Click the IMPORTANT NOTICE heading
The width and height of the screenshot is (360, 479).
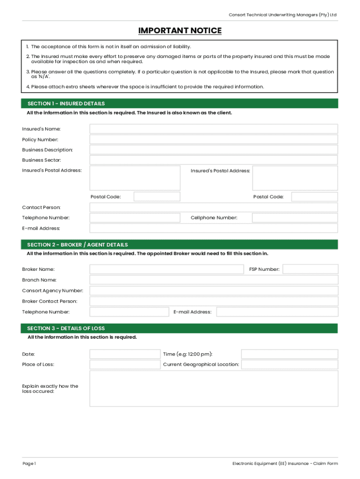coord(180,31)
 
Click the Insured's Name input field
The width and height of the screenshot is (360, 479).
coord(213,129)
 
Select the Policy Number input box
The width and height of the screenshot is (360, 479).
coord(213,139)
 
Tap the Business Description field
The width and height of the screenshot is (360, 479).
coord(213,150)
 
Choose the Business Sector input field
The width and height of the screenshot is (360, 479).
coord(213,160)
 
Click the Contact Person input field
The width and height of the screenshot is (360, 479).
coord(213,207)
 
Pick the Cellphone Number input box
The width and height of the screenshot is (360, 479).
coord(295,218)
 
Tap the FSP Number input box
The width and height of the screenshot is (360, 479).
coord(310,269)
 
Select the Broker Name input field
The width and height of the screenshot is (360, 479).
coord(166,269)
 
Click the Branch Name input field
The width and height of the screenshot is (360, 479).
coord(213,280)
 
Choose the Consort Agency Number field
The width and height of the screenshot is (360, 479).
coord(213,290)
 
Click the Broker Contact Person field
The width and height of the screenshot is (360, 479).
coord(213,301)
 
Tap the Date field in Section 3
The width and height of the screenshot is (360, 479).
coord(124,354)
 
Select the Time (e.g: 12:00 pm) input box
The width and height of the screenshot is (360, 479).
coord(289,354)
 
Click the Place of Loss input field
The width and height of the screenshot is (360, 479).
coord(124,364)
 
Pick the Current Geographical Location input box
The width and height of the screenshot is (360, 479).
coord(289,364)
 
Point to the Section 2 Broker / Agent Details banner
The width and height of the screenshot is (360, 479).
coord(180,245)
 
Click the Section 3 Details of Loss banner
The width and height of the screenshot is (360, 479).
coord(180,328)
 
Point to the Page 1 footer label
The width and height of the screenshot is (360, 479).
coord(29,464)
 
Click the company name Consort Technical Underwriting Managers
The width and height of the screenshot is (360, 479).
coord(282,15)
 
